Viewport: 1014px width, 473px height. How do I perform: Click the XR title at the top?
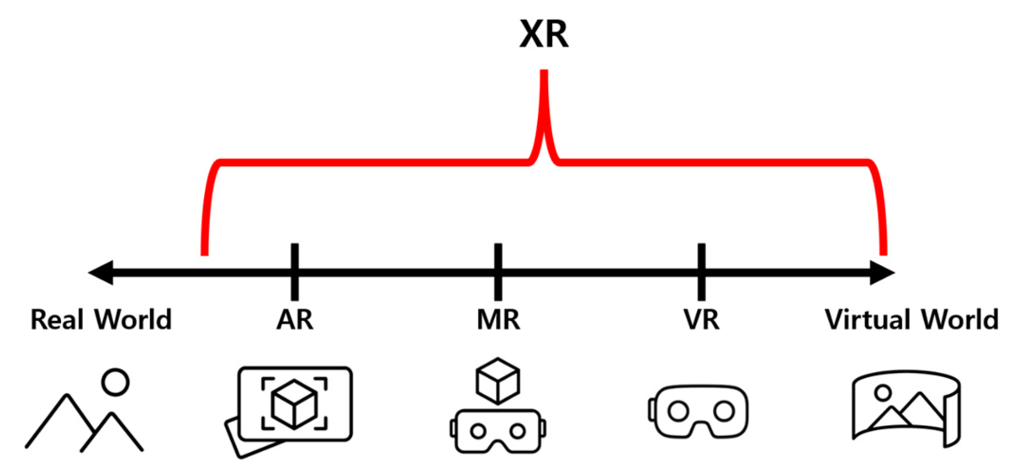[x=544, y=34]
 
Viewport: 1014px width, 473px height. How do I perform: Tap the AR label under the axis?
[x=295, y=320]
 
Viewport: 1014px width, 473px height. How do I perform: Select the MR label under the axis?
[x=498, y=320]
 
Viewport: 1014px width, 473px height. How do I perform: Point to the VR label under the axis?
[x=701, y=320]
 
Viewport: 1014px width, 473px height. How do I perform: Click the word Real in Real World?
[x=57, y=320]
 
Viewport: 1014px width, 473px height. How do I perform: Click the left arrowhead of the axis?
[x=101, y=273]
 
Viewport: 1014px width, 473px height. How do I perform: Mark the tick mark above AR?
[x=295, y=272]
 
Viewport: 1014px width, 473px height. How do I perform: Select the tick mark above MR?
[x=498, y=272]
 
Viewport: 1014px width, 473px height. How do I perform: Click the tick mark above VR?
[x=701, y=272]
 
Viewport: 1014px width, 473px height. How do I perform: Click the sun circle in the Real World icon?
[x=115, y=382]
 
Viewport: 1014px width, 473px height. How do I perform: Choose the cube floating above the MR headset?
[x=498, y=381]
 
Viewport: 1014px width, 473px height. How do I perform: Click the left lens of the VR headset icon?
[x=678, y=411]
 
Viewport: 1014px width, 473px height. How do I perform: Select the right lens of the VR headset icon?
[x=724, y=411]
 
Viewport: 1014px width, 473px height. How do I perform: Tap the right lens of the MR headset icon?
[x=518, y=431]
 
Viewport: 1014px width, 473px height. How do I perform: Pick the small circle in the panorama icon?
[x=883, y=392]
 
